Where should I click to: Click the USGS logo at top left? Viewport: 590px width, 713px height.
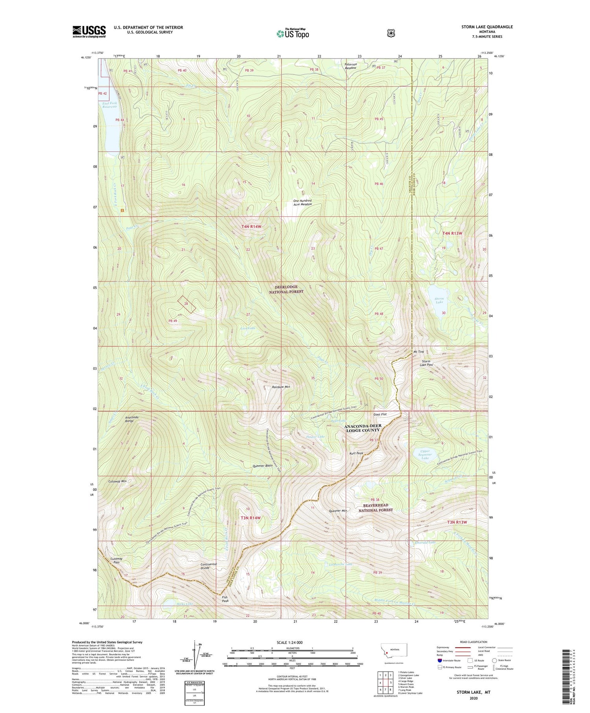coord(89,31)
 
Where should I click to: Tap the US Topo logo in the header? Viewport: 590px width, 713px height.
coord(293,33)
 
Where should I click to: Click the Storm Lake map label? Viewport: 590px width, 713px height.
coord(439,300)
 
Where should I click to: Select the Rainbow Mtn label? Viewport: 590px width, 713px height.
coord(281,387)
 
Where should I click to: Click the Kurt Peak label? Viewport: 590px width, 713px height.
coord(356,453)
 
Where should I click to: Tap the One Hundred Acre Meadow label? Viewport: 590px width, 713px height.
coord(302,203)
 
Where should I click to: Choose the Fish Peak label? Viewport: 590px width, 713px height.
coord(225,599)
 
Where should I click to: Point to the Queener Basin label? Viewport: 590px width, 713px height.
coord(263,466)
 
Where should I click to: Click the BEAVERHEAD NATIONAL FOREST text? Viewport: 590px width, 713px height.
coord(375,508)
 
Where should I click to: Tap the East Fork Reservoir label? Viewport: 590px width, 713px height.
coord(110,105)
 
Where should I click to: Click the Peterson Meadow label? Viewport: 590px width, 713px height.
coord(351,66)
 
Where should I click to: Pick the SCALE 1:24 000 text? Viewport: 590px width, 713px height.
coord(292,643)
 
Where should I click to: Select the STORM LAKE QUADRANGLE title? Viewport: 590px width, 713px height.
coord(487,27)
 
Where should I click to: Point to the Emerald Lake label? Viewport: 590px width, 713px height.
coord(425,543)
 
